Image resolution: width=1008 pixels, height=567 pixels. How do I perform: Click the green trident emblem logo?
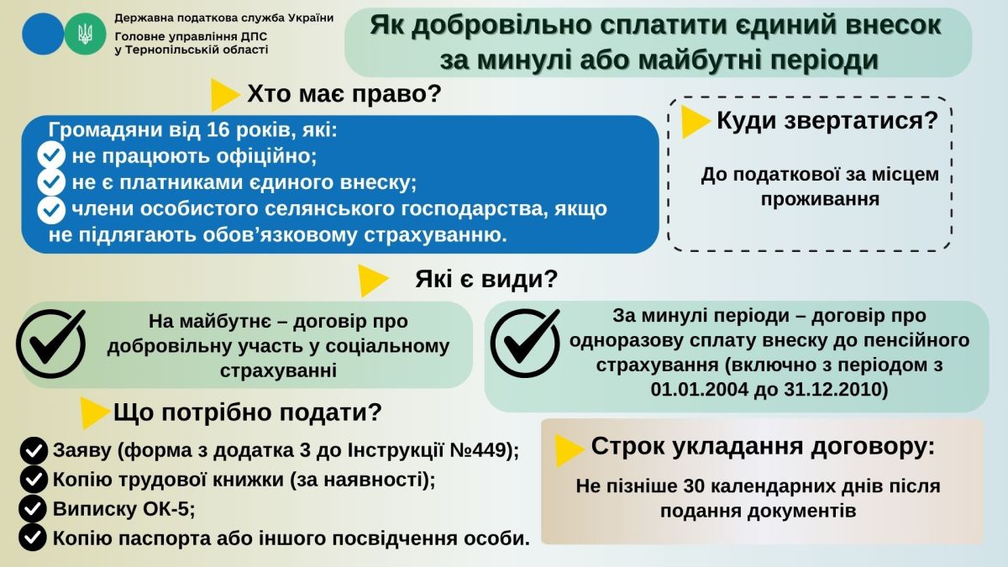85,34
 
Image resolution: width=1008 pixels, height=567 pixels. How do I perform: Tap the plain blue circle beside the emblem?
43,34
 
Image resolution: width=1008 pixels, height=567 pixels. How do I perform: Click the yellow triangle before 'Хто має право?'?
224,95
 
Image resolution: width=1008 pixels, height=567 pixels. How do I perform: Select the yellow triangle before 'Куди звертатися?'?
696,122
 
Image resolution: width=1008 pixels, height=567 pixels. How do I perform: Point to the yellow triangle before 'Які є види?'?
373,281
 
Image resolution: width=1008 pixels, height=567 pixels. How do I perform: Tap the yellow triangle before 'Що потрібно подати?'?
96,412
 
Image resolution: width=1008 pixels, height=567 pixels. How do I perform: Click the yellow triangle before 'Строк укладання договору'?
570,450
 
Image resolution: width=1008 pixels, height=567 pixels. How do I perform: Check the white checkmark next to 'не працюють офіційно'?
51,155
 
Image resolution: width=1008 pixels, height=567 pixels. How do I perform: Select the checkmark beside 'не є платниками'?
51,182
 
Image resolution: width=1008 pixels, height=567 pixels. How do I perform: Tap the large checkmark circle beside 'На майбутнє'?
51,343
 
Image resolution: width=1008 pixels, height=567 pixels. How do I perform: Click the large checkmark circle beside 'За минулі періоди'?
525,343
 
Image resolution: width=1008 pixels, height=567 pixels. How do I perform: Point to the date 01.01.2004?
699,390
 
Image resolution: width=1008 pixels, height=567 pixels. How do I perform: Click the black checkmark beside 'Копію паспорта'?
34,538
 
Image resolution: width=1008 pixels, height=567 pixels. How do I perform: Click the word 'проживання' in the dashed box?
820,199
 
